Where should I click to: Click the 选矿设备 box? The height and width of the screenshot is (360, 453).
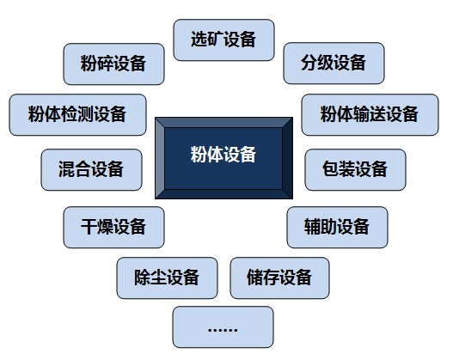point(223,40)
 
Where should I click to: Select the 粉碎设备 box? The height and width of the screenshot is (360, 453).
point(113,64)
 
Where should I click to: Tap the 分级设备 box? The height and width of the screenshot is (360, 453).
point(334,64)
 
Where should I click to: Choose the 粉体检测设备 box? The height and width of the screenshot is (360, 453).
point(77,114)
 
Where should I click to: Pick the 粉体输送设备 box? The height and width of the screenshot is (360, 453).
point(370,114)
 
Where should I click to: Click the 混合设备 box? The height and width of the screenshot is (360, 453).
point(92,170)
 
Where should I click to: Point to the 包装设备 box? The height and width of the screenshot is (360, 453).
point(355,170)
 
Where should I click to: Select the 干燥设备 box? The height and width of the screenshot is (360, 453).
point(113,227)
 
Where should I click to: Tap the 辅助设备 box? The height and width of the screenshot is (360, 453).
point(337,227)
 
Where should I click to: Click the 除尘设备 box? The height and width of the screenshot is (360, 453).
point(167,278)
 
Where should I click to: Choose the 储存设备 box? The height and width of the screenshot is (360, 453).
point(279,278)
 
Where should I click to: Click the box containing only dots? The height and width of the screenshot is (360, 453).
point(223,327)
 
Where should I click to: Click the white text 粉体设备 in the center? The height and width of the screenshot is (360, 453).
point(223,155)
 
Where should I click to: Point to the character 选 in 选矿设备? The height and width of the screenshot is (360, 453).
point(199,40)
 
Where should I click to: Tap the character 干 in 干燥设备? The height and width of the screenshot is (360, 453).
point(89,227)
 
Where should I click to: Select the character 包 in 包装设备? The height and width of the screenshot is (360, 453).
point(330,169)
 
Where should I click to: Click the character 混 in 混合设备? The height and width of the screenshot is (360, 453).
point(67,169)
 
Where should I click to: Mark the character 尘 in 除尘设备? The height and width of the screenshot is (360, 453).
point(159,278)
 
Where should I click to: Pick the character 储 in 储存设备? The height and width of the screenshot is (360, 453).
point(255,278)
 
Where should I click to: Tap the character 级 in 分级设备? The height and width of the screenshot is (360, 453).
point(325,63)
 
